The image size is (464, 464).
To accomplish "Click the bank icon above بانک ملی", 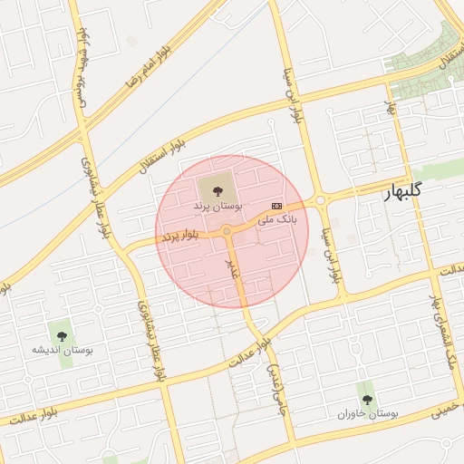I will click(276, 206).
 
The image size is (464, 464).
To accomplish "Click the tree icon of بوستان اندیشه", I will click(62, 335).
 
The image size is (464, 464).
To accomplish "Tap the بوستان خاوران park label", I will click(368, 414).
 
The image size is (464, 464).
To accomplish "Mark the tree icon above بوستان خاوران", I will click(367, 399).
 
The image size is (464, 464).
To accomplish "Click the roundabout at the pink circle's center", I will click(226, 231).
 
